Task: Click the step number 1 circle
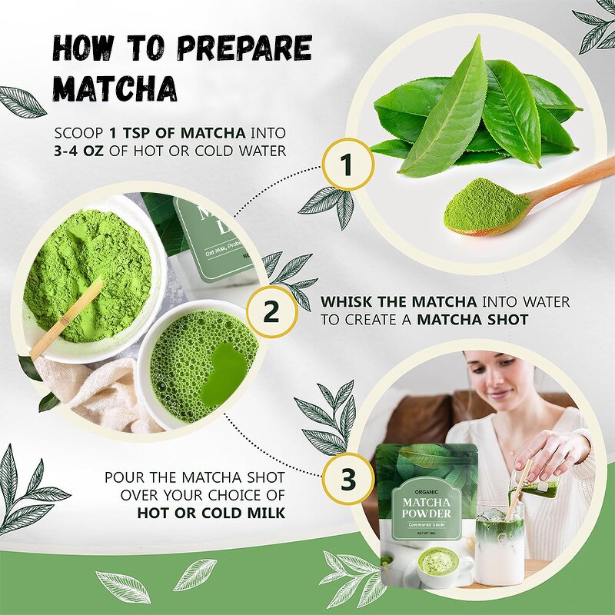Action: [x=347, y=164]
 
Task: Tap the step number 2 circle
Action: [x=271, y=312]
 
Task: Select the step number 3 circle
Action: [x=347, y=477]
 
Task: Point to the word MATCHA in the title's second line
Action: [x=115, y=88]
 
